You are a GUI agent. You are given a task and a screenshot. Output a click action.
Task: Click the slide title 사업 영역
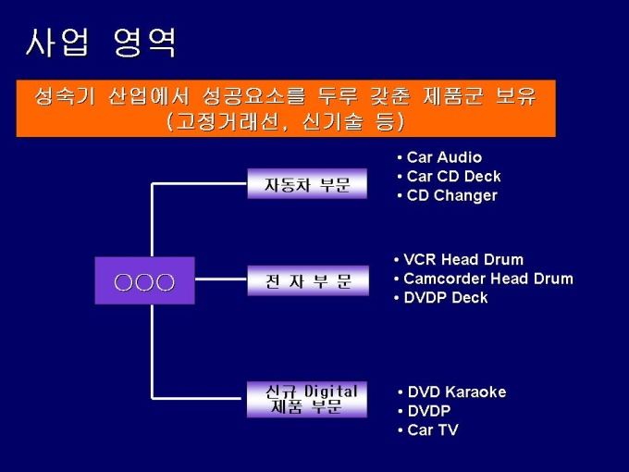coord(101,43)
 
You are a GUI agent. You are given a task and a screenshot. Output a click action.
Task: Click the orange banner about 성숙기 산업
coord(285,108)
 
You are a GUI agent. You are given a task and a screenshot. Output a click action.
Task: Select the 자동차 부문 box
coord(307,184)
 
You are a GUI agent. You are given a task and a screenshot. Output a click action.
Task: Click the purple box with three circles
coord(145,280)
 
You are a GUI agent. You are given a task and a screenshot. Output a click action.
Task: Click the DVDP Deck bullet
coord(445,297)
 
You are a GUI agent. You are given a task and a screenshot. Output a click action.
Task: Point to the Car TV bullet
coord(432,429)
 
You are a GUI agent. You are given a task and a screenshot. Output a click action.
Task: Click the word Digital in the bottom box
coord(330,391)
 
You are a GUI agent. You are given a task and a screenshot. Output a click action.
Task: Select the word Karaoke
coord(475,391)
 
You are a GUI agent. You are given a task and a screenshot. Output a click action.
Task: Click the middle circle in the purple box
coord(145,280)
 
